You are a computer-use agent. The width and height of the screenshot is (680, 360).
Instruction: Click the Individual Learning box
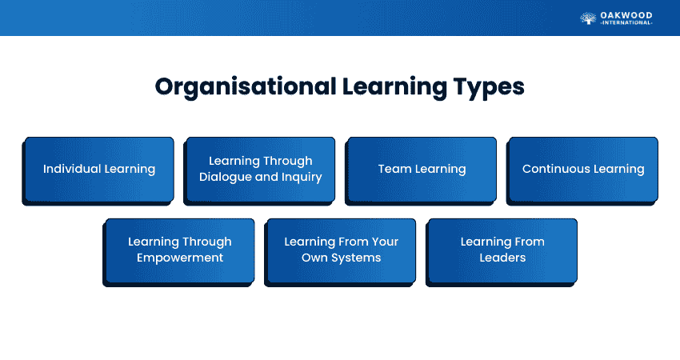(x=99, y=170)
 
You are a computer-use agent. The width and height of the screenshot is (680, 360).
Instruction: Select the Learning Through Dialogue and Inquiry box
(x=261, y=170)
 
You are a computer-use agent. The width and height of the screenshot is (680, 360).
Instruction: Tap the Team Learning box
(x=422, y=170)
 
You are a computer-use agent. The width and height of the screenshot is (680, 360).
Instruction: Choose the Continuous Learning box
(x=583, y=170)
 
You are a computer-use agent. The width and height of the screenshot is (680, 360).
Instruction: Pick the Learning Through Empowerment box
(x=180, y=250)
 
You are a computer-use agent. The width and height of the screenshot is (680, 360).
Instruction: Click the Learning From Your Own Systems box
(x=342, y=250)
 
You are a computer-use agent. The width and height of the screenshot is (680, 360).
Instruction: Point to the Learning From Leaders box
(x=502, y=250)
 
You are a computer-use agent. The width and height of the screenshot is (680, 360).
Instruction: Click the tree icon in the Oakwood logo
(x=588, y=18)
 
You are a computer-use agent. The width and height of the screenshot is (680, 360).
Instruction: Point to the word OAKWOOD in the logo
(x=627, y=14)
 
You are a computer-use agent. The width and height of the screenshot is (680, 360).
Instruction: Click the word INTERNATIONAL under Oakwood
(x=627, y=23)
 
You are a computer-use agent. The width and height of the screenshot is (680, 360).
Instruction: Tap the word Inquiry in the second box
(x=301, y=177)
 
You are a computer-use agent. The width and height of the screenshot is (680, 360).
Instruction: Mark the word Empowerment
(x=180, y=258)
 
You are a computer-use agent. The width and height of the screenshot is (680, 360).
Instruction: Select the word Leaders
(x=502, y=258)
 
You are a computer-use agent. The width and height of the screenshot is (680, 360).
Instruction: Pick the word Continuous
(x=552, y=170)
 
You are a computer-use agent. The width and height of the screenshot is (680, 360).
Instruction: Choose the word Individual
(x=70, y=170)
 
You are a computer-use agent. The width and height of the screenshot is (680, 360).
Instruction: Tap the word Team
(x=393, y=170)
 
